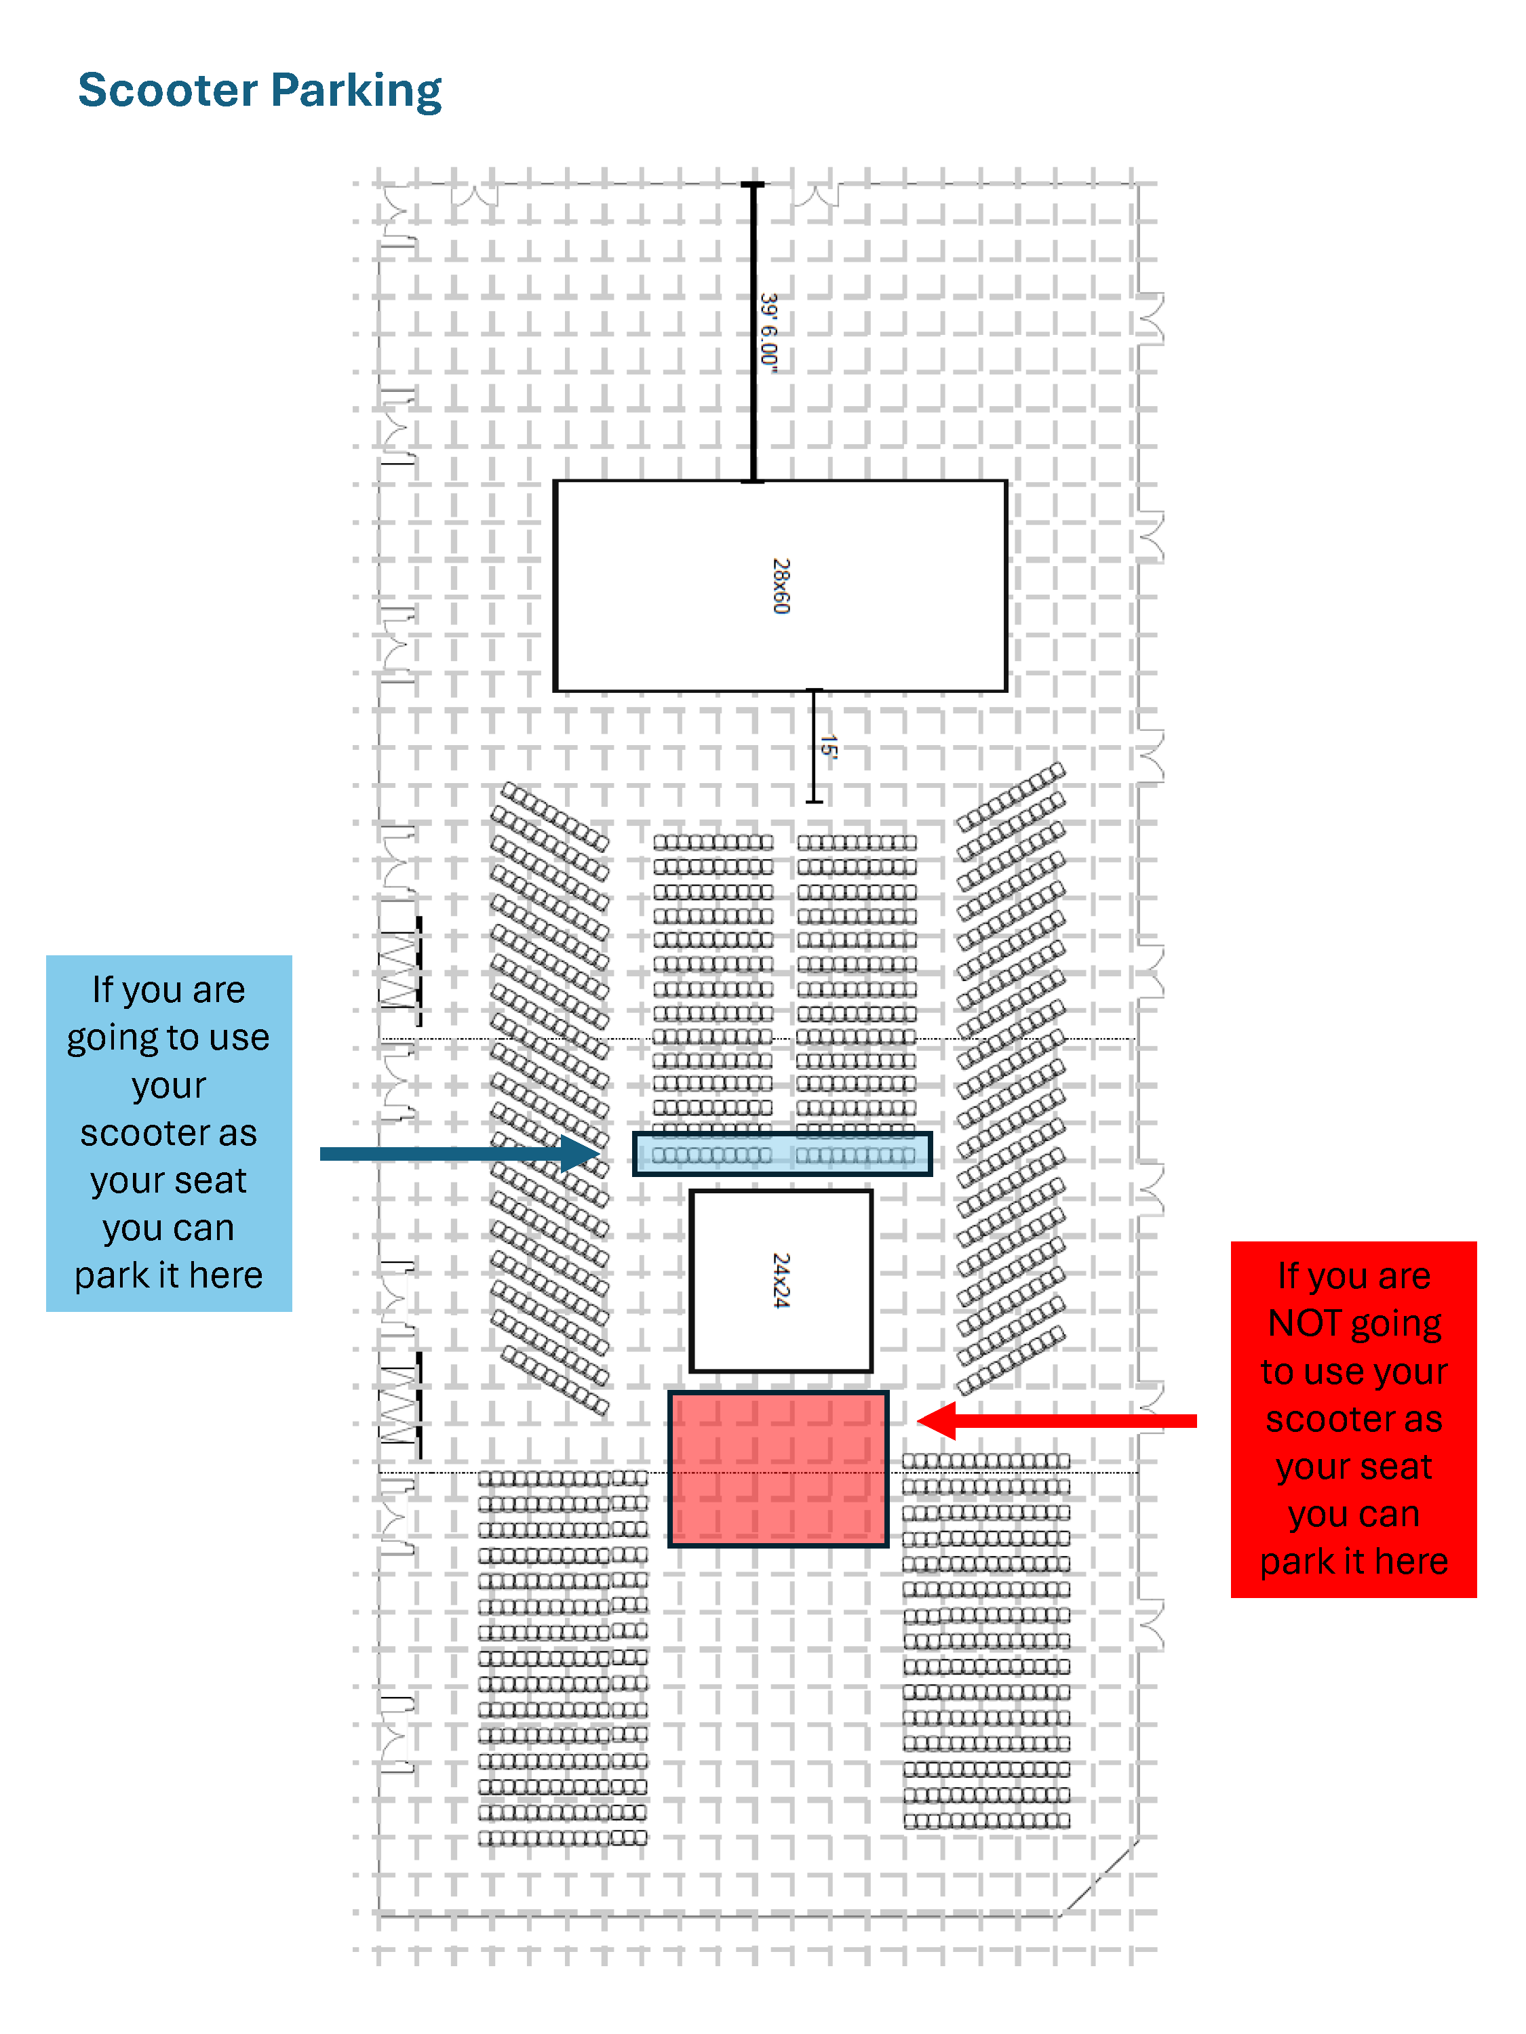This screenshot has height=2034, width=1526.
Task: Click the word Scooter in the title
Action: pyautogui.click(x=168, y=90)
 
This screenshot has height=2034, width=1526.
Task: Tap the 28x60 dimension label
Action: pyautogui.click(x=781, y=586)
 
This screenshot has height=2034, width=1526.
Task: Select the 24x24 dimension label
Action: pyautogui.click(x=781, y=1280)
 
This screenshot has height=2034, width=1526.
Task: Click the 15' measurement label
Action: pyautogui.click(x=828, y=746)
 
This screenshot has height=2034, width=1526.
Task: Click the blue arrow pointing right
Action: pyautogui.click(x=460, y=1153)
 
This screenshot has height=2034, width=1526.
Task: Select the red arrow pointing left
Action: pyautogui.click(x=1057, y=1420)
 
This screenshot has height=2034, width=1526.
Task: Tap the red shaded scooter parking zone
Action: pyautogui.click(x=778, y=1469)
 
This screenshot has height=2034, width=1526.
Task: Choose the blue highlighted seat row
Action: pyautogui.click(x=782, y=1154)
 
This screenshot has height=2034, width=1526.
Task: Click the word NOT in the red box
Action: pyautogui.click(x=1304, y=1323)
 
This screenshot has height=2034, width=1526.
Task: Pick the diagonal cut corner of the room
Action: pyautogui.click(x=1100, y=1877)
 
